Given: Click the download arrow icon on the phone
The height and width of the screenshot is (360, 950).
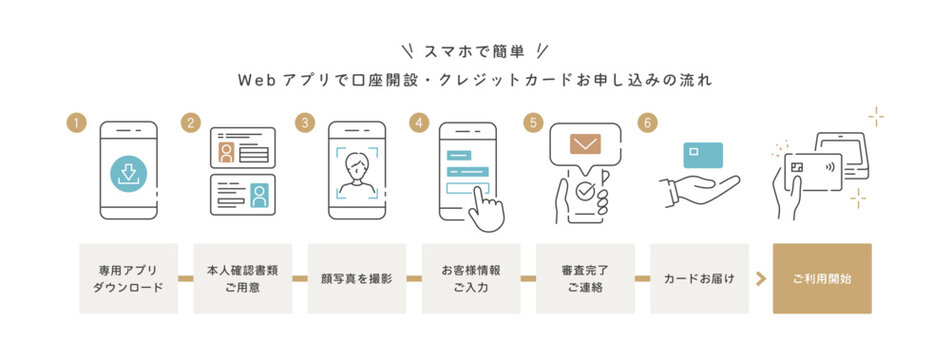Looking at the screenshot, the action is pos(128,173).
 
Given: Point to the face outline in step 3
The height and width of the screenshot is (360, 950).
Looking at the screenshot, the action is pos(356,171).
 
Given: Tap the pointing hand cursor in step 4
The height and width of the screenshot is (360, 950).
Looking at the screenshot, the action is pos(487,208).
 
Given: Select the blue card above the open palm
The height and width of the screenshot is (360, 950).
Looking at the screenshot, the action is pos(703,154).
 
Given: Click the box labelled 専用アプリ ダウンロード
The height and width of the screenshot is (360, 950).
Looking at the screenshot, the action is pos(128,278).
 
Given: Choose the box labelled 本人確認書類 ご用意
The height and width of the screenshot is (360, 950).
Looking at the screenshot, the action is pos(242,278).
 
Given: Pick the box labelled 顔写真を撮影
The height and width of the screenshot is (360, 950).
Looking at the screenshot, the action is pos(356,278).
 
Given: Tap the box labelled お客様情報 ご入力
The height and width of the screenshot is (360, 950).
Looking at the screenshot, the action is pos(471,278).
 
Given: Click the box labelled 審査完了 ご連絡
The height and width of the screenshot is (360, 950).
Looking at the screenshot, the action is pos(585,278).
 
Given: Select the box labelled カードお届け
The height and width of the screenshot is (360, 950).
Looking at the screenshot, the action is pos(699,278).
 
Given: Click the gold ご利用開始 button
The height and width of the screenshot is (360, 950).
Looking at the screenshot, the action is pos(822,278).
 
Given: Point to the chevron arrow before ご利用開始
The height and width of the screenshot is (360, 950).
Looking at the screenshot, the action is pos(761,278).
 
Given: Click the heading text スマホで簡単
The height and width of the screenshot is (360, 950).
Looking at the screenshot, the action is pos(474,50).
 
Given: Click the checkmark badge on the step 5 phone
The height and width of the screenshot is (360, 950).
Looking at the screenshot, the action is pos(583,189).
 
